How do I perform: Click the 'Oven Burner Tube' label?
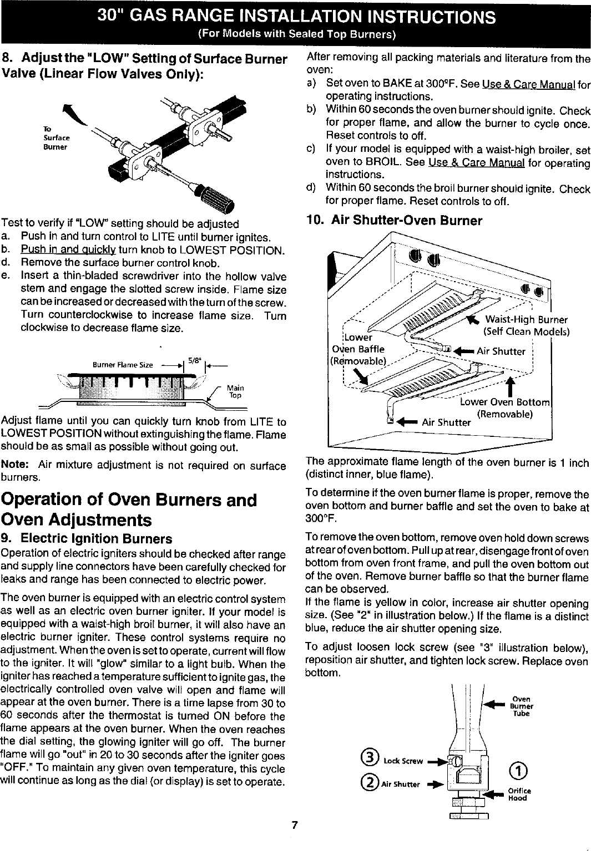point(522,706)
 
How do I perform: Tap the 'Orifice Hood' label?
point(520,794)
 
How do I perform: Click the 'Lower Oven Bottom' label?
point(504,402)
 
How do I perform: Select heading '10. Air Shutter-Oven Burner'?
point(394,221)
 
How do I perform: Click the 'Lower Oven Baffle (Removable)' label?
point(358,349)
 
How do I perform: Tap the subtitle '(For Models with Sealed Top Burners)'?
point(296,35)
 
